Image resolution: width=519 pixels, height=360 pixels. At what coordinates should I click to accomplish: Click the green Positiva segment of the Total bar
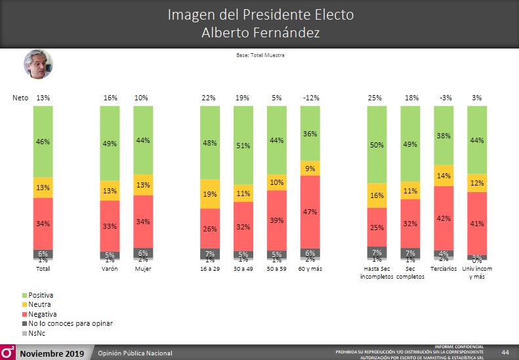(43, 141)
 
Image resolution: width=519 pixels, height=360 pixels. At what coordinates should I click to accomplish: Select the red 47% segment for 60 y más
(310, 212)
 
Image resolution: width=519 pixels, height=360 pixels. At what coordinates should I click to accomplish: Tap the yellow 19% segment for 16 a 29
(210, 194)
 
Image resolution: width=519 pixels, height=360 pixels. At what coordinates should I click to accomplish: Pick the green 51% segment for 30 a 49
(243, 145)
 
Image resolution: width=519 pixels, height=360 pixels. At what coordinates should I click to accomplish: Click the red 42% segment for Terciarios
(444, 218)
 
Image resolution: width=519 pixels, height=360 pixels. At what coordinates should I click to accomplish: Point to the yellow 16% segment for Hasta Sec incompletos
(377, 195)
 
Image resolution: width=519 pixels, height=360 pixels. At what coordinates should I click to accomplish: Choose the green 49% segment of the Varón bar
(110, 143)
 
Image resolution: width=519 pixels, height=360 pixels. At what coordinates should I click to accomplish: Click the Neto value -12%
(311, 98)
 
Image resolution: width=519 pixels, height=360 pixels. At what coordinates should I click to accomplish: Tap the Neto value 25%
(375, 98)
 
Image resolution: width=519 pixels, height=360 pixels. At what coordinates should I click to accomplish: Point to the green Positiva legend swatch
(25, 296)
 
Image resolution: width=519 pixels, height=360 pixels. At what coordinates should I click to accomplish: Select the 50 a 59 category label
(276, 269)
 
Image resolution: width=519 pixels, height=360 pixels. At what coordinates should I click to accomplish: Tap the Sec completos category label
(411, 273)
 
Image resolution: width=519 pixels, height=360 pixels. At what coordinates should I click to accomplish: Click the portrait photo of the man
(39, 64)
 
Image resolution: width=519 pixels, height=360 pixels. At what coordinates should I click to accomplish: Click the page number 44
(505, 353)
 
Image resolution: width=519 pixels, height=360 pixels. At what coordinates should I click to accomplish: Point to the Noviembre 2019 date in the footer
(52, 354)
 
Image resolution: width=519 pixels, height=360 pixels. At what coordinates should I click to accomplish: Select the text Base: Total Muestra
(260, 55)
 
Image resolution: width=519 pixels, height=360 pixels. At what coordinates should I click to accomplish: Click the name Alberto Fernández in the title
(260, 32)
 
